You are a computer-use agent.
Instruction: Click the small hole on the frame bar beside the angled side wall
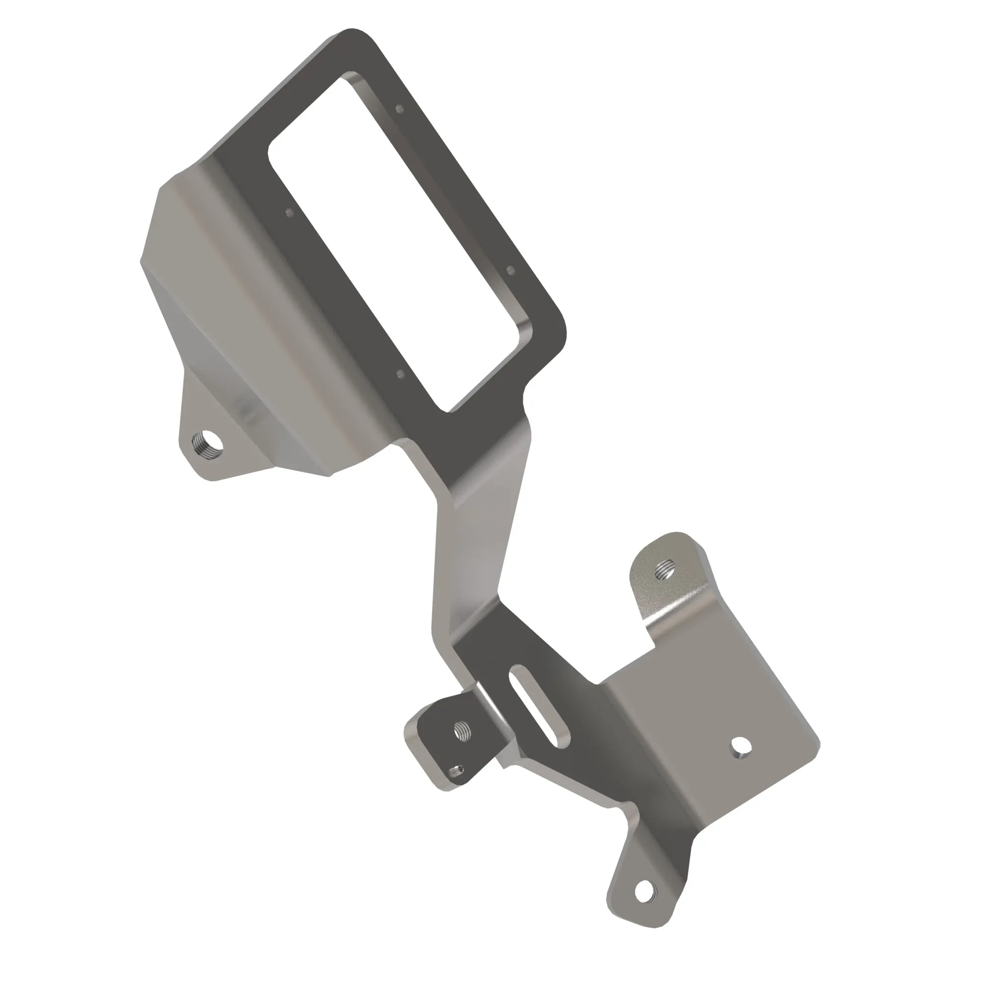pos(289,213)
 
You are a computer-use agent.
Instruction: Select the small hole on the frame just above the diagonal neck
pos(400,375)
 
